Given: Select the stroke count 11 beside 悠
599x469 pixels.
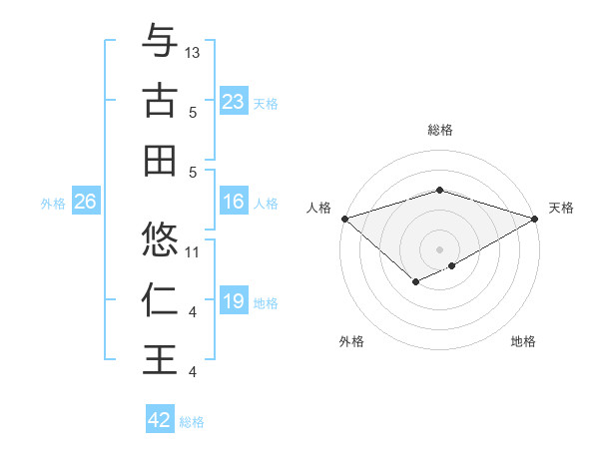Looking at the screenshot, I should pos(193,251).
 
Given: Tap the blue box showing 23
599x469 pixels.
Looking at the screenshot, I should pos(233,102).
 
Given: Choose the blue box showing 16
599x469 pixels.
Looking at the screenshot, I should pos(233,202).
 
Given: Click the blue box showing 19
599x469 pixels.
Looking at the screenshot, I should pos(233,301).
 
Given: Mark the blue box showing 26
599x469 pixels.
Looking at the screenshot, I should pos(85,202).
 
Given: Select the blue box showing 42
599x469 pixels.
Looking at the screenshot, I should pos(160,420).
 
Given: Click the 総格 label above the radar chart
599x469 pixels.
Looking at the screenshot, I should pos(439,130).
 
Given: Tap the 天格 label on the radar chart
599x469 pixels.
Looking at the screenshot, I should pos(561,208).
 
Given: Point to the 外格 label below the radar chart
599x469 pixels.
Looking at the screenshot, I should pos(351,341).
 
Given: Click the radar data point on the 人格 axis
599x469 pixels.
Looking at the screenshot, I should pos(344,218).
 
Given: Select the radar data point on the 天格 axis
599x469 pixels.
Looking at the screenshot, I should pos(535,218).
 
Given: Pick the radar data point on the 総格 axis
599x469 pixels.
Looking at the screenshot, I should pos(439,190).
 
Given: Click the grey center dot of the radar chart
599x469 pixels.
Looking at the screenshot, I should pos(439,248).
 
